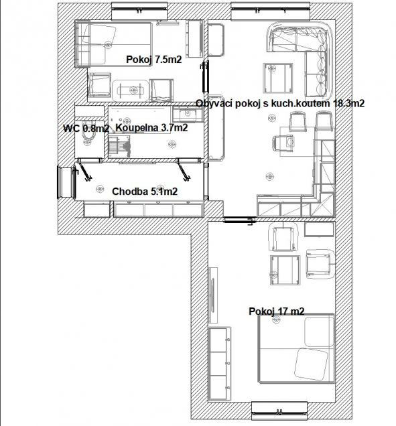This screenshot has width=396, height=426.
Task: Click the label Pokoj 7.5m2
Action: pos(153,60)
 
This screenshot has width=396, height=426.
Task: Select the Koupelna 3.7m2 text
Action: pos(151,128)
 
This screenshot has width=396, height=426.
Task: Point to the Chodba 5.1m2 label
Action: pos(144,192)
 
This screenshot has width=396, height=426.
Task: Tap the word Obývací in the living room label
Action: pos(214,103)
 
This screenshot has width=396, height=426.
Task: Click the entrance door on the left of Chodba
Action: pos(65,181)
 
